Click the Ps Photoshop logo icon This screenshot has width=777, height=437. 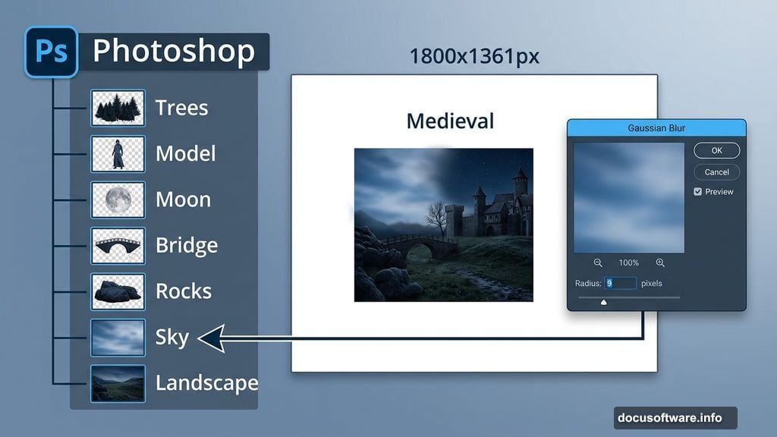coord(51,52)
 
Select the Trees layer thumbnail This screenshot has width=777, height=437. coord(118,108)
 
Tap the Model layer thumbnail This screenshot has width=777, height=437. coord(118,154)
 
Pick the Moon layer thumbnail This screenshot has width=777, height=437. coord(118,200)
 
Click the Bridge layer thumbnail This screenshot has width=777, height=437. coord(118,246)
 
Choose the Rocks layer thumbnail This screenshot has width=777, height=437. coord(118,291)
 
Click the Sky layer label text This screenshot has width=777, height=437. coord(172,337)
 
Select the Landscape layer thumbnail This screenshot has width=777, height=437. coord(118,383)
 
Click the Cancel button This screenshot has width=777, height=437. coord(716,172)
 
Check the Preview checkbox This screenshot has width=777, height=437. coord(698,192)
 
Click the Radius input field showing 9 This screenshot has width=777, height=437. coord(620,283)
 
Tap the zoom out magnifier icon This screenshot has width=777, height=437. coord(598,263)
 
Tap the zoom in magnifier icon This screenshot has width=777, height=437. coord(660,263)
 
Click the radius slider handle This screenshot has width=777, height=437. coord(604,301)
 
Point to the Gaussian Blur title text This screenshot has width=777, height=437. coord(656,128)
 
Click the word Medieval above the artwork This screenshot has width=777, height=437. coord(450,121)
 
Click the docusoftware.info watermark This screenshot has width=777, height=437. coord(675,418)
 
